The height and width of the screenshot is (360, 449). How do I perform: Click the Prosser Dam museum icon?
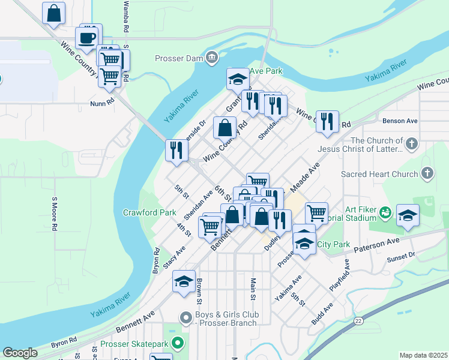click(x=211, y=58)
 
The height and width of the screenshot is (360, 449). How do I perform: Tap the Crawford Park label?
click(x=149, y=212)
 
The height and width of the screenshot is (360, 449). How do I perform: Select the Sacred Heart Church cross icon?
click(x=427, y=174)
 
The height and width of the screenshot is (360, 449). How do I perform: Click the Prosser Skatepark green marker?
click(x=177, y=344)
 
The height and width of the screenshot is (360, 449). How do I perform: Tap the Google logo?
click(x=20, y=353)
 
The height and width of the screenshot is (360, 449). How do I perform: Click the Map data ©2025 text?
click(x=423, y=355)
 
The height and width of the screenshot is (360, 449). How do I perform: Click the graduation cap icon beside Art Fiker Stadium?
click(x=408, y=216)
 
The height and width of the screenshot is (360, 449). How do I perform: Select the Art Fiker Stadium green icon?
click(x=385, y=212)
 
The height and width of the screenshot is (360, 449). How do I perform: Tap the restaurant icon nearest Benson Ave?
click(x=327, y=122)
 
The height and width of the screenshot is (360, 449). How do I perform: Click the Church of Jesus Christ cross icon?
click(x=411, y=144)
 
